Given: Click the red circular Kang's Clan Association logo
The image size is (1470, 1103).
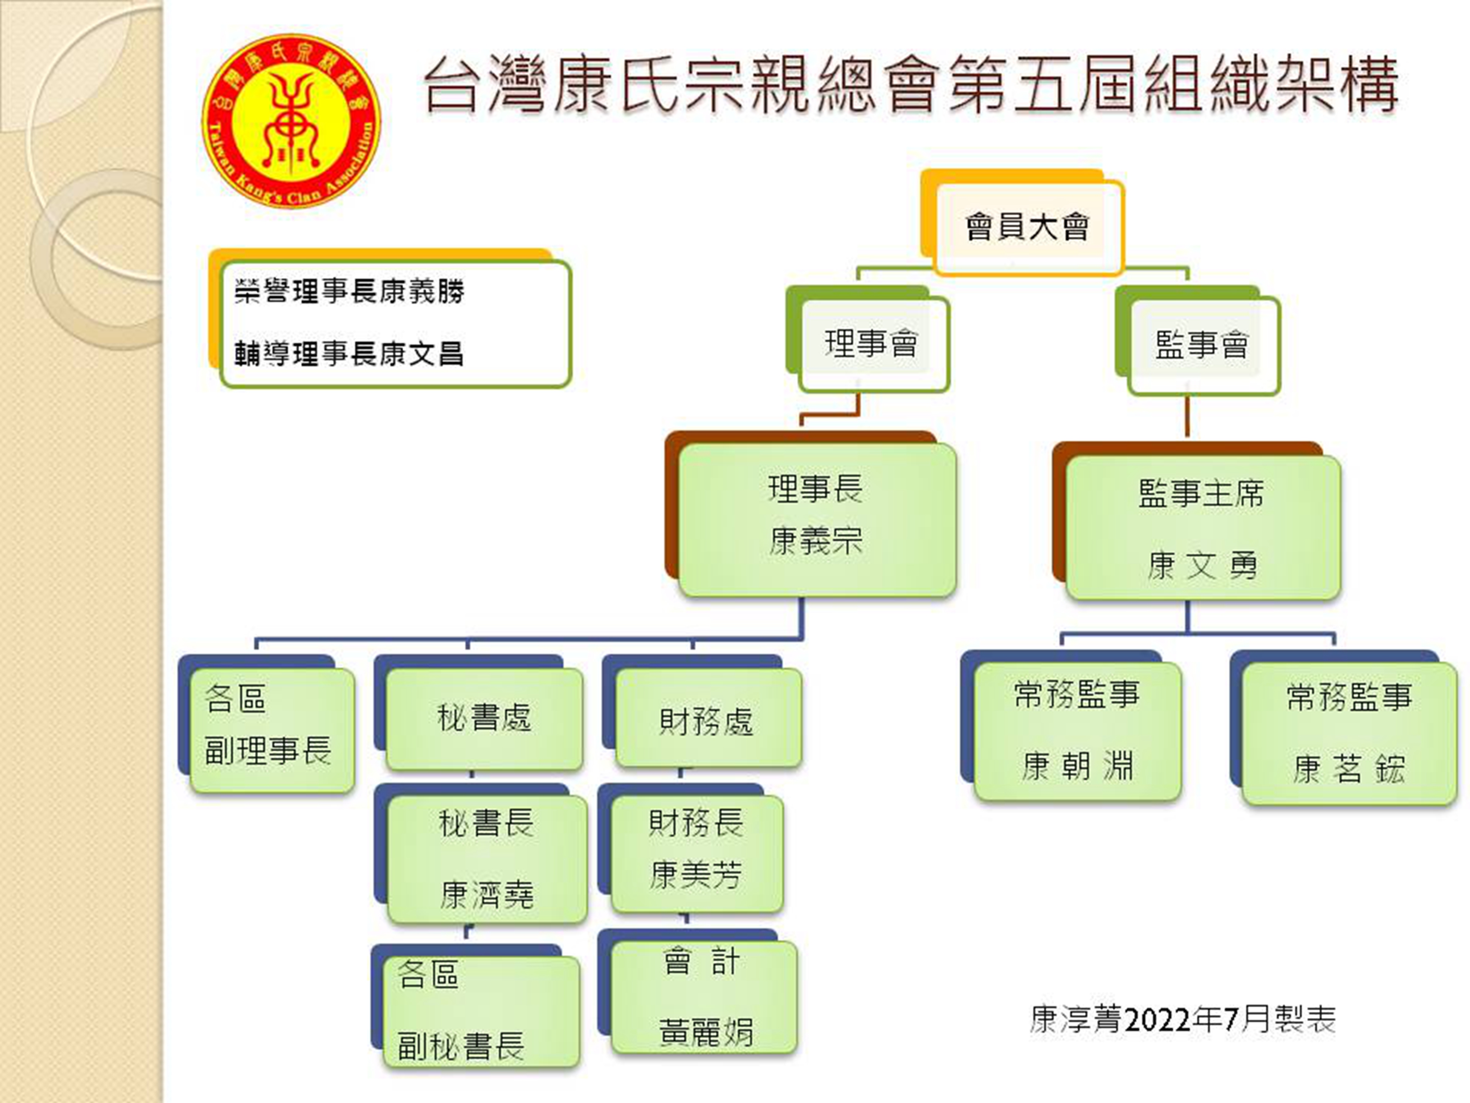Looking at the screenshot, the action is pos(292,120).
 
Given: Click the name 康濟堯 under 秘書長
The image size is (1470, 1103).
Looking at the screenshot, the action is pos(486,894).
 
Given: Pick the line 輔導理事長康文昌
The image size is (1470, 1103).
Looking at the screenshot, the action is pos(349,353).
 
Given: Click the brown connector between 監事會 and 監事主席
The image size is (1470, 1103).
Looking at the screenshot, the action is pos(1187,416).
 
